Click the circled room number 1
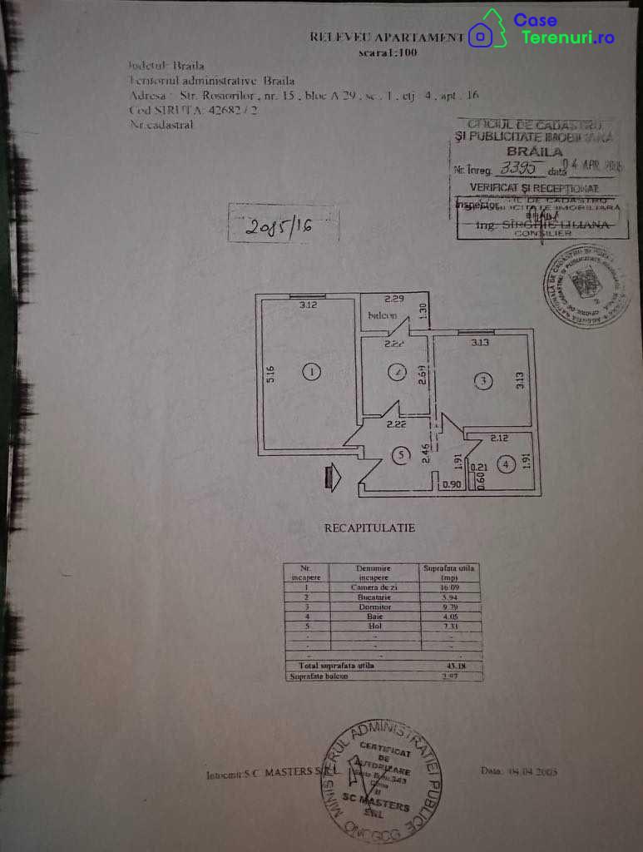pyautogui.click(x=311, y=372)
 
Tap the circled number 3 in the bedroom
pyautogui.click(x=483, y=381)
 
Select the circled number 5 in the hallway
pyautogui.click(x=402, y=455)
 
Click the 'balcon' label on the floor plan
pyautogui.click(x=382, y=316)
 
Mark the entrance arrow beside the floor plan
pyautogui.click(x=334, y=478)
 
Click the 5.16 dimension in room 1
pyautogui.click(x=270, y=375)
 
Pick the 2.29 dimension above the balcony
pyautogui.click(x=393, y=299)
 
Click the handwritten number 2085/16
pyautogui.click(x=282, y=225)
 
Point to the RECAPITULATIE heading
pyautogui.click(x=369, y=528)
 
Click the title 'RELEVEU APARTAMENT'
pyautogui.click(x=386, y=37)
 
